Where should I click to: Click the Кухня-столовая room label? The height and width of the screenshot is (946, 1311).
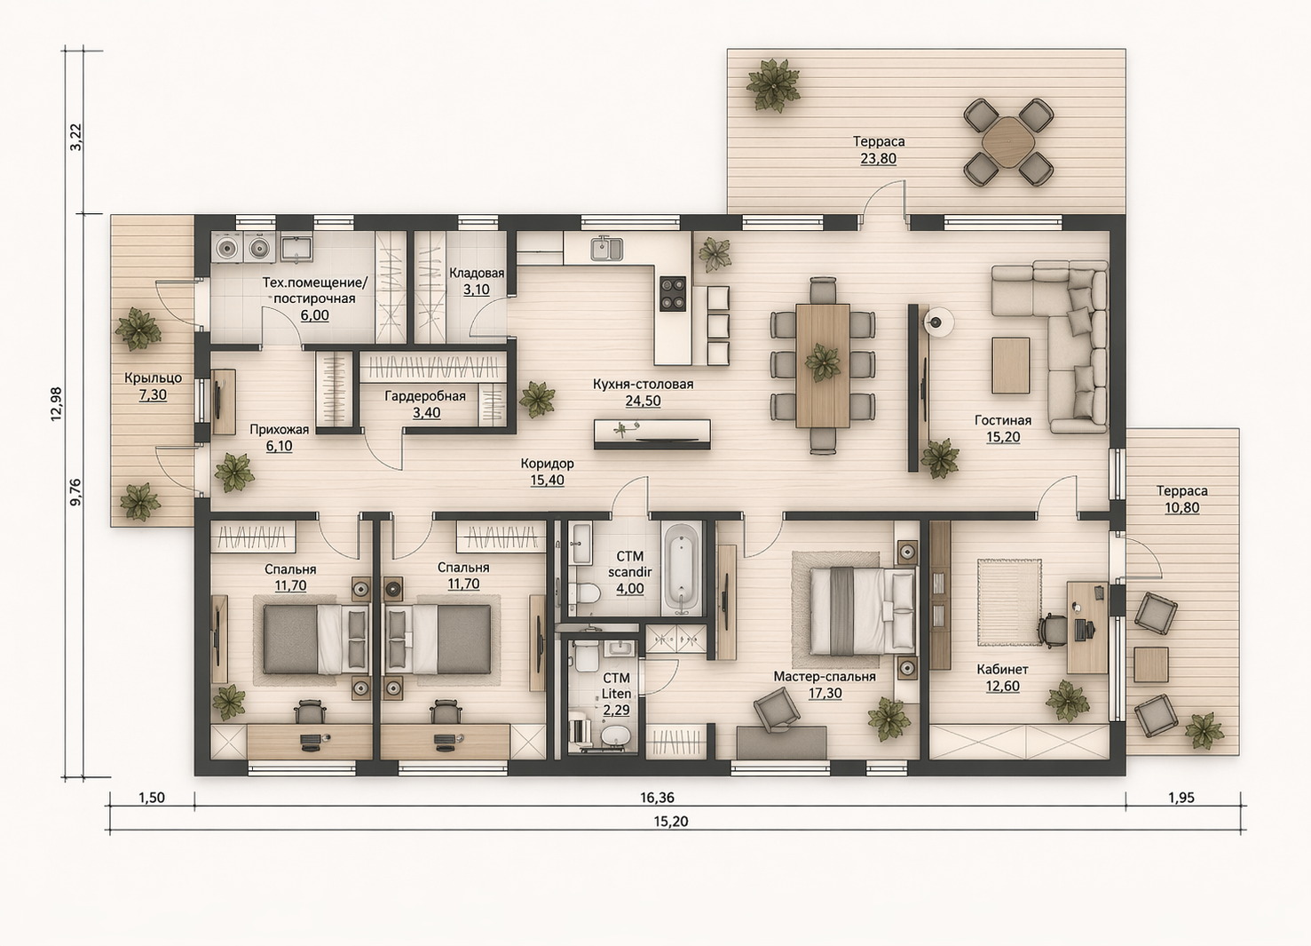pos(643,385)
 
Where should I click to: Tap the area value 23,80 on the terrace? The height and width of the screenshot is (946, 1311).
pos(878,159)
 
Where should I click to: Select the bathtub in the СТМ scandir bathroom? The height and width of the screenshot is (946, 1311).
pos(682,569)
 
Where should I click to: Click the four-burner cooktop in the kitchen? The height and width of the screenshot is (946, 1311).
pos(673,293)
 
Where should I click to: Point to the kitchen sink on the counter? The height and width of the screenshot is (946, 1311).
pos(605,249)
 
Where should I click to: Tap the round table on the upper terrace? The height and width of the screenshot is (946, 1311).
pos(1007,142)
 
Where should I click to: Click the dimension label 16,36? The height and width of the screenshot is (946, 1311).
pos(657,798)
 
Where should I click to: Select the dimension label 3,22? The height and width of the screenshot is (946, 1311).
pos(76,137)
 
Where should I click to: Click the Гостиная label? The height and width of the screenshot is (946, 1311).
pos(1003,420)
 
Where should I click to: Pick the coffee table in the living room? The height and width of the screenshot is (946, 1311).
pos(1011,365)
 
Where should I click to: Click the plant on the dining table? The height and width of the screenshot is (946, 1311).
pos(822,363)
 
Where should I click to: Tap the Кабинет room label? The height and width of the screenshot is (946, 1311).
pos(1003,670)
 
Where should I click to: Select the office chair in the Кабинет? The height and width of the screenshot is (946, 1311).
pos(1053,630)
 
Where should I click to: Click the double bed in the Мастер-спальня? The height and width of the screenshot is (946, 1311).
pos(862,610)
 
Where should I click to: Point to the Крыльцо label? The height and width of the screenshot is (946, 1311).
pos(153,378)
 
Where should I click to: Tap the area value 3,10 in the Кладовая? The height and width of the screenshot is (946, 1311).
pos(477,290)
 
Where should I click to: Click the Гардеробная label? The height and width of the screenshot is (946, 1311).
pos(425,396)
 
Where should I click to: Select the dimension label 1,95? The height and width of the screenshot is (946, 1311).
pos(1181,798)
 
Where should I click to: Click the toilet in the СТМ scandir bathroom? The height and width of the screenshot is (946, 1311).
pos(586,593)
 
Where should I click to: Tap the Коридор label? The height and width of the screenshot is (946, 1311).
pos(548,464)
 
